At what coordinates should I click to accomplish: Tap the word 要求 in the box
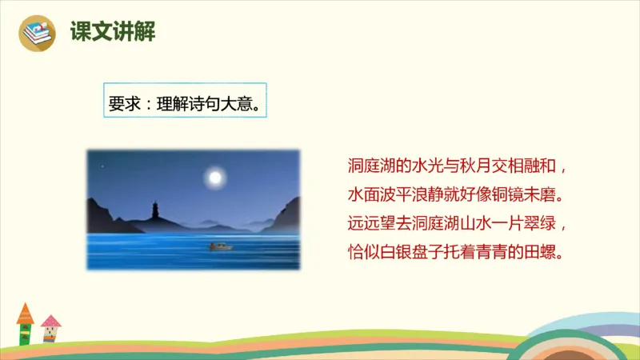[122, 102]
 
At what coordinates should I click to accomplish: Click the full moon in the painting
[214, 177]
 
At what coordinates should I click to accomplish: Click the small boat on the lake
[220, 246]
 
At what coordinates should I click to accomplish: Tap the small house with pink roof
[50, 328]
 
